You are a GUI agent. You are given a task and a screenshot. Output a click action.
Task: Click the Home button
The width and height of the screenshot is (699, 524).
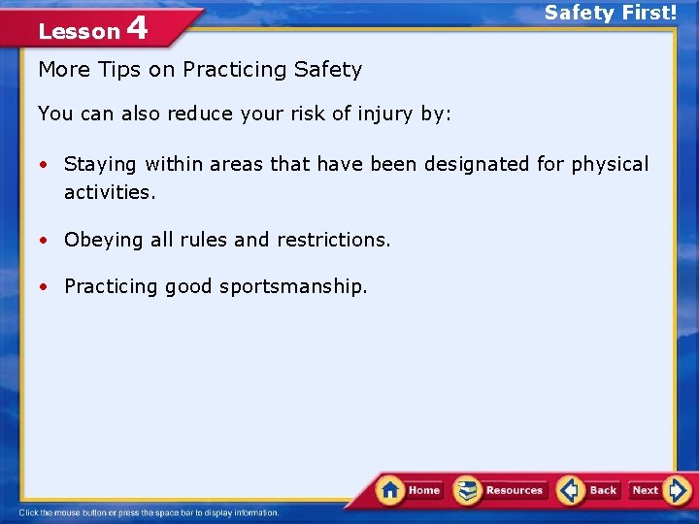pos(410,490)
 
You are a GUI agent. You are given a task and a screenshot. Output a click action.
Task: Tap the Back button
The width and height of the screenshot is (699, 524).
pos(590,490)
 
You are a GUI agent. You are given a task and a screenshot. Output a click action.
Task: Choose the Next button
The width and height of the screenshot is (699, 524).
pos(658,490)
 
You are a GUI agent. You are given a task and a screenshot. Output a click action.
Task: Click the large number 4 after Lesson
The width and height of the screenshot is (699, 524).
pos(137,28)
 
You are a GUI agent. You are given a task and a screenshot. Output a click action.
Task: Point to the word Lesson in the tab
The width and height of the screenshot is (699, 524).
pos(79,32)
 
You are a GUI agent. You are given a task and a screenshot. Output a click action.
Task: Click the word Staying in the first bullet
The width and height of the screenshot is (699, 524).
pos(101,165)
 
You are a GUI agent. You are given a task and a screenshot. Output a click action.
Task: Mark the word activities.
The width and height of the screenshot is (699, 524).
pos(110,192)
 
